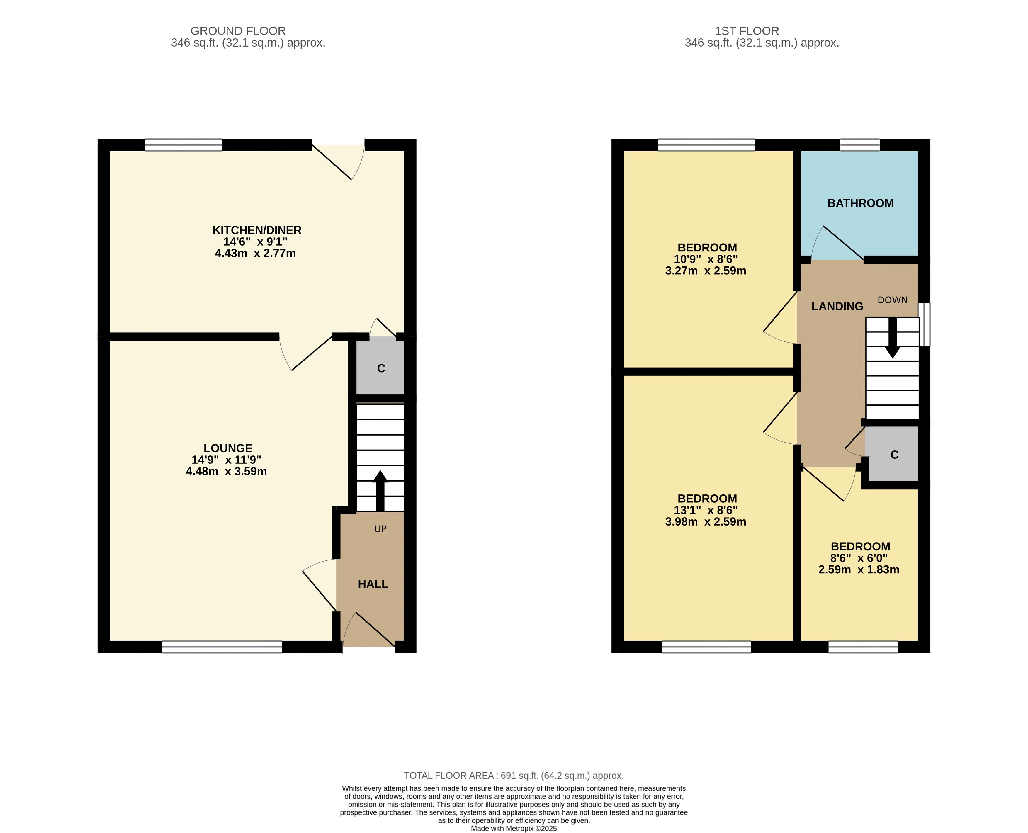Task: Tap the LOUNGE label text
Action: click(228, 448)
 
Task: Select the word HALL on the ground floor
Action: click(373, 584)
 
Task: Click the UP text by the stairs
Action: click(380, 529)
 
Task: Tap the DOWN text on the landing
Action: click(893, 300)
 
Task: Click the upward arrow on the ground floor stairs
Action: click(380, 490)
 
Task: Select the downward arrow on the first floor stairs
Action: click(893, 338)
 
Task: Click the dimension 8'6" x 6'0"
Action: click(859, 558)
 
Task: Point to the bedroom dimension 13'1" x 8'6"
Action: click(706, 510)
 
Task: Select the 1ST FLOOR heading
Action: click(747, 31)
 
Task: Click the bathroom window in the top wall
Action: click(859, 145)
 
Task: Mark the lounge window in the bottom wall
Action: click(222, 647)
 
